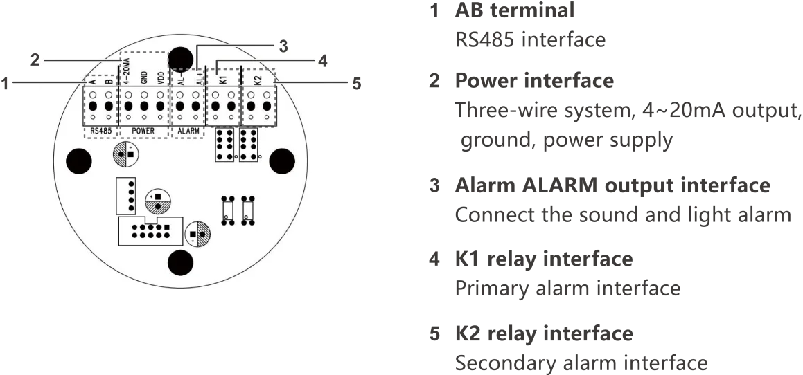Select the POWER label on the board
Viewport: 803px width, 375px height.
click(144, 130)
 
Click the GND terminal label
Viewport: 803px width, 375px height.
click(144, 76)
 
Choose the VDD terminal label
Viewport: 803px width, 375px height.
click(161, 76)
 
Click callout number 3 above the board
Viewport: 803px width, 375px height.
click(283, 46)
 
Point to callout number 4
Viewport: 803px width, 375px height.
click(322, 61)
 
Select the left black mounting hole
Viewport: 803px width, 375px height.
click(77, 162)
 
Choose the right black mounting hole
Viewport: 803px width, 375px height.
click(282, 161)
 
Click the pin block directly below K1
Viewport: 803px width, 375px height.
click(224, 145)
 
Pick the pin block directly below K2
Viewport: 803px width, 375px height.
click(248, 145)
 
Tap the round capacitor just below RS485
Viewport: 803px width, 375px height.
click(124, 154)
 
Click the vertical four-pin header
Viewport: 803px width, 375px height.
click(129, 196)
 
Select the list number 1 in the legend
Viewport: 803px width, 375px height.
click(434, 12)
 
